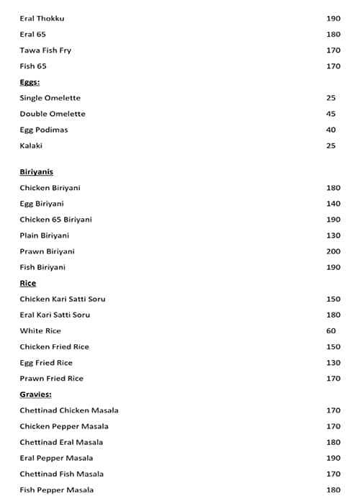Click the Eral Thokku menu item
point(42,19)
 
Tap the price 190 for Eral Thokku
point(333,19)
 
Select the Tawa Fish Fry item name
point(45,50)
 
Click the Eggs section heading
point(30,82)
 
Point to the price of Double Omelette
point(330,114)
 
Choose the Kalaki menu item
point(31,145)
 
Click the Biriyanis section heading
point(36,172)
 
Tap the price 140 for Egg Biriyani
point(333,204)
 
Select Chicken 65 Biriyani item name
point(55,220)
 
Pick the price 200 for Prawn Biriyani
point(333,251)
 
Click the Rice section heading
point(28,283)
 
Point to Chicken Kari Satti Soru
point(63,299)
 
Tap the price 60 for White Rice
point(331,330)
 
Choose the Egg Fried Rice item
point(46,362)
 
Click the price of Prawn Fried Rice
point(333,378)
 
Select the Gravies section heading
point(35,395)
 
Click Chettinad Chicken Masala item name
point(69,410)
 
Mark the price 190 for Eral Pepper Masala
point(333,458)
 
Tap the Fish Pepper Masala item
point(57,490)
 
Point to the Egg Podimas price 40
point(330,130)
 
